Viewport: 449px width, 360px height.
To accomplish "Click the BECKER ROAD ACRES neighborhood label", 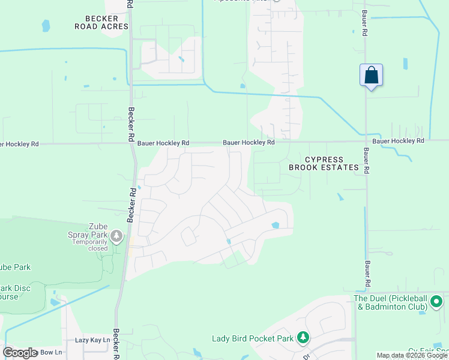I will (x=101, y=23).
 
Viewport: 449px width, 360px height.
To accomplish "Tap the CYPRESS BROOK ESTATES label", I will (x=324, y=164).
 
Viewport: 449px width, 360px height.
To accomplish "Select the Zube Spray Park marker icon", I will (x=116, y=235).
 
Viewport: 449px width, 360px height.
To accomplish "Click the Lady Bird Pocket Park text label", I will (x=253, y=338).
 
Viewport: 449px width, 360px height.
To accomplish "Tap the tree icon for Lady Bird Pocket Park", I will (x=304, y=338).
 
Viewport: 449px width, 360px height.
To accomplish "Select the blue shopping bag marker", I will (x=371, y=76).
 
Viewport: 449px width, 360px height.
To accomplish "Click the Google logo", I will (x=21, y=353).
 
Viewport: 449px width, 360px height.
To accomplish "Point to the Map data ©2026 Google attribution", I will (x=412, y=355).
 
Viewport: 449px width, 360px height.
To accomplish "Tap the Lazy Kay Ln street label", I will (x=92, y=340).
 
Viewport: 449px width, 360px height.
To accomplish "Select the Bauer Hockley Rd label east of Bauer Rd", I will (x=398, y=140).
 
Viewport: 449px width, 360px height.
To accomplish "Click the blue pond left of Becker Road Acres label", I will (x=46, y=26).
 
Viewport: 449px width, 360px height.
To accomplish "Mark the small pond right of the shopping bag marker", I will (x=405, y=63).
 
